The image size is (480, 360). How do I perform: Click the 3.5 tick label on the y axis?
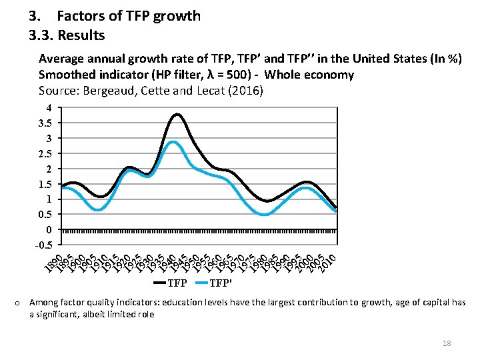click(x=45, y=123)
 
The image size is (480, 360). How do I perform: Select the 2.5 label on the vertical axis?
click(x=45, y=153)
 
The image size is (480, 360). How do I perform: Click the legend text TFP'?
click(x=221, y=283)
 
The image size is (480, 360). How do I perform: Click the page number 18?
click(x=447, y=343)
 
